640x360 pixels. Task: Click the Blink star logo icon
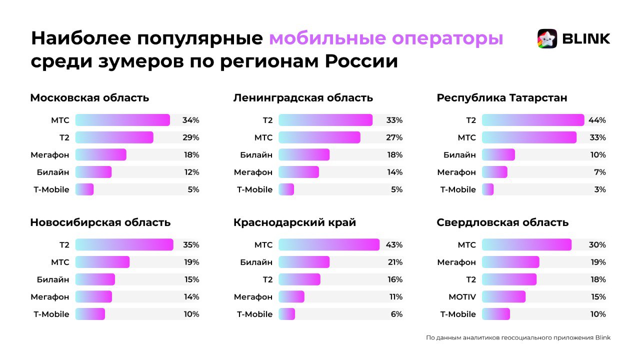547,38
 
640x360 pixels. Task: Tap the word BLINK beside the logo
586,38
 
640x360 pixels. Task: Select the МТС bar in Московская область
122,120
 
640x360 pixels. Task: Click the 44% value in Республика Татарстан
597,120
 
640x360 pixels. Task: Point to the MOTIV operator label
462,297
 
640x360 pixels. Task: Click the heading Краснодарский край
294,222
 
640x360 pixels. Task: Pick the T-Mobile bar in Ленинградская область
286,189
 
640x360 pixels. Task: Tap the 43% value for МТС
394,245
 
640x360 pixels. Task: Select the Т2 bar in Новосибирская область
124,245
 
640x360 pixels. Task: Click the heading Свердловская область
502,222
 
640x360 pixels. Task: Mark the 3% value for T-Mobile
600,189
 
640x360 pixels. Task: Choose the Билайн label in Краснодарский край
256,262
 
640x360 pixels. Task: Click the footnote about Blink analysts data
518,337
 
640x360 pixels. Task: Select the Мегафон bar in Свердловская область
510,262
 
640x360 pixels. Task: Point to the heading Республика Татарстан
502,98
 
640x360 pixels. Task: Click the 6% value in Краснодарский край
396,314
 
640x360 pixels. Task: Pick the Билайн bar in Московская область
93,172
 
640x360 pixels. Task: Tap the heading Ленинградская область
303,98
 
